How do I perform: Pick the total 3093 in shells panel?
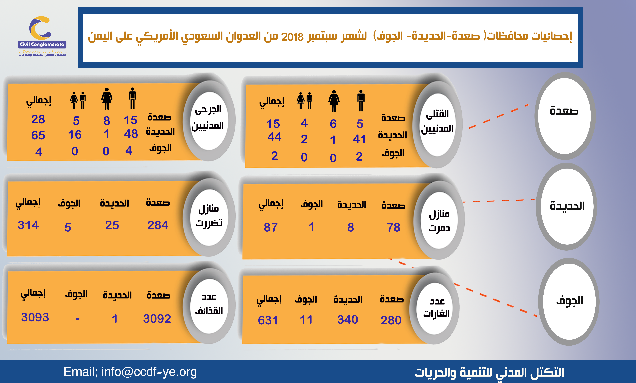(35, 317)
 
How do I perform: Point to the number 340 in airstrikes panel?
(348, 320)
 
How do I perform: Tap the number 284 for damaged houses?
(158, 225)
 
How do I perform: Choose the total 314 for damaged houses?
(28, 225)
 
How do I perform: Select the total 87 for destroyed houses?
(270, 227)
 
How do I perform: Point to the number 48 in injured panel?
(131, 134)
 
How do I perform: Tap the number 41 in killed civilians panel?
(359, 139)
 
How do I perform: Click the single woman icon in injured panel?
(107, 98)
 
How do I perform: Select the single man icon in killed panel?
(361, 101)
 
